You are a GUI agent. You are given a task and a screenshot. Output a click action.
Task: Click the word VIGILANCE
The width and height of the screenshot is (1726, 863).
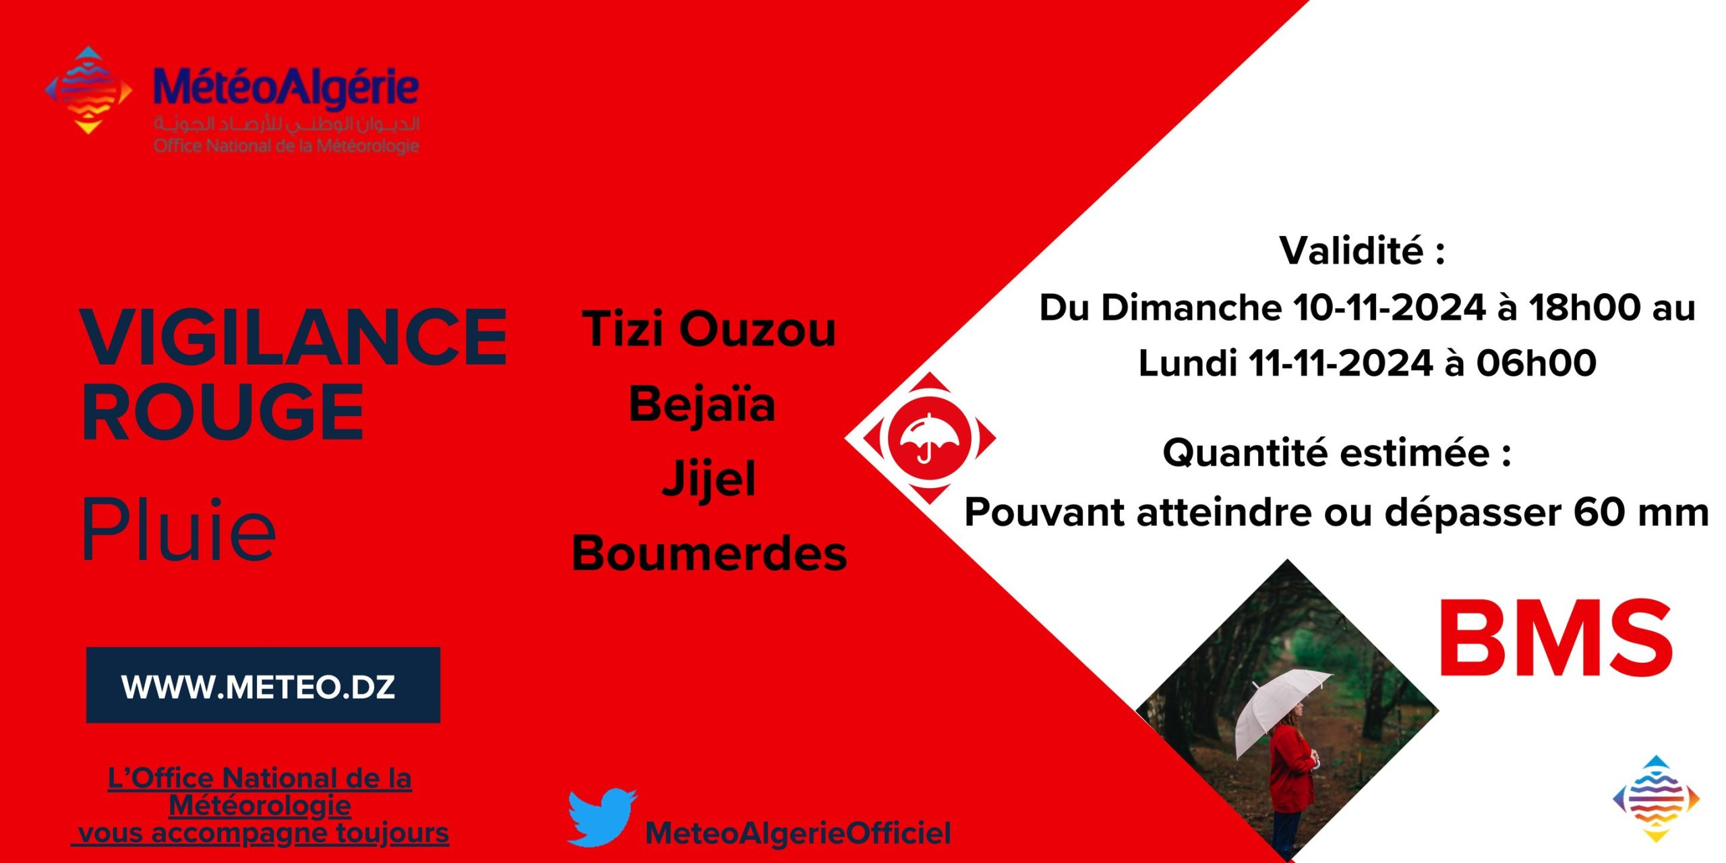click(x=294, y=336)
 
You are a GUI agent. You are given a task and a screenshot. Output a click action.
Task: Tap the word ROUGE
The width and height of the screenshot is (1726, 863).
click(x=222, y=411)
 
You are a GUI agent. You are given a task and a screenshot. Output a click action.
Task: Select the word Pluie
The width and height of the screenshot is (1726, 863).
click(x=179, y=530)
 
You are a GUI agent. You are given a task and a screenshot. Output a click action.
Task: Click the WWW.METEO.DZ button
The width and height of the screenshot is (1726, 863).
click(x=263, y=685)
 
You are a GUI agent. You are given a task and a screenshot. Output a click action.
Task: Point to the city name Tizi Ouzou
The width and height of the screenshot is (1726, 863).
click(x=709, y=329)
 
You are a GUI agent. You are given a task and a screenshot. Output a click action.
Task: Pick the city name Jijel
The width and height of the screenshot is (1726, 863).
click(x=709, y=479)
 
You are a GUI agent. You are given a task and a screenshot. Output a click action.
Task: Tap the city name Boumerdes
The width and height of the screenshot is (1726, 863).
click(x=709, y=553)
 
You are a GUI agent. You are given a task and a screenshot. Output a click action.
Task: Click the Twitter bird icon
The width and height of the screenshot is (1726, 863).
click(x=601, y=817)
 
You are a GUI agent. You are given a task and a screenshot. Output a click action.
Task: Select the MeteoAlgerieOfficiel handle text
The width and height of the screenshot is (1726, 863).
click(x=798, y=833)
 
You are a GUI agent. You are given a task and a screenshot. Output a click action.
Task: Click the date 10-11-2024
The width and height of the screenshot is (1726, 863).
click(x=1389, y=307)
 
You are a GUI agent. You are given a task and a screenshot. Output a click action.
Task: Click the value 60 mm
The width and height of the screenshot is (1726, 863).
click(x=1641, y=512)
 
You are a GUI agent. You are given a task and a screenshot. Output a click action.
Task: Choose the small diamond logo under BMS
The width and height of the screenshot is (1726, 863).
click(x=1656, y=798)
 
